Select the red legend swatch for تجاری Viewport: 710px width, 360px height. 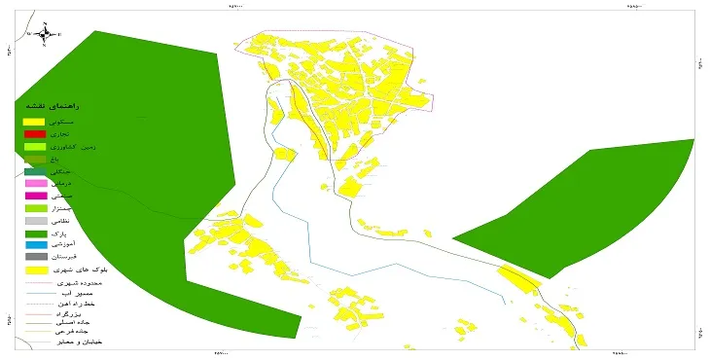click(35, 133)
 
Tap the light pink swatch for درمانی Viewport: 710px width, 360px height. click(35, 183)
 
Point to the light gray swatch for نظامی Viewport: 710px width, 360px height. click(35, 221)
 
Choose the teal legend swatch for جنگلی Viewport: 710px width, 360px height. click(35, 170)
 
